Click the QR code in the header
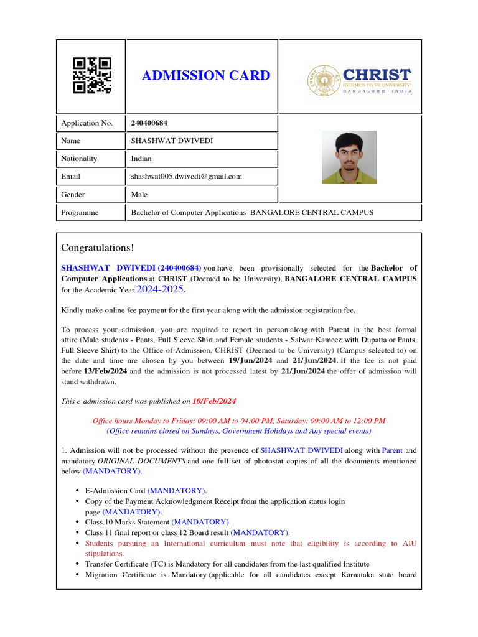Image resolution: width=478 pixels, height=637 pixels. (x=92, y=75)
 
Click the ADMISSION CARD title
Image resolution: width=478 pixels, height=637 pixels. (x=206, y=76)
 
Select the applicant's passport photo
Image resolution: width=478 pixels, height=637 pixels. (x=349, y=157)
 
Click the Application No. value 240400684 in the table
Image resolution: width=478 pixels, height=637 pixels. (x=149, y=123)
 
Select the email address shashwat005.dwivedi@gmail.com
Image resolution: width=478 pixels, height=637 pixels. (x=186, y=177)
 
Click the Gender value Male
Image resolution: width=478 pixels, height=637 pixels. (x=139, y=195)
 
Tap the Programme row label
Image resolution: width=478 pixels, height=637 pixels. (x=80, y=213)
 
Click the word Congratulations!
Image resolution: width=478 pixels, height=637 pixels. (x=98, y=248)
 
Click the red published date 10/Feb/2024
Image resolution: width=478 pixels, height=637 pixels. (x=214, y=402)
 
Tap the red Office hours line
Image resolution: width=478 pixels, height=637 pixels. (x=238, y=421)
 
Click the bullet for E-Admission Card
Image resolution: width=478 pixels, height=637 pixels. (x=77, y=491)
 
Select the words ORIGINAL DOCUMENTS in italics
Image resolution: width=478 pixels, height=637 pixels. (x=141, y=461)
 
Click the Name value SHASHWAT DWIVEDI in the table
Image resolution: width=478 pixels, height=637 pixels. (x=172, y=141)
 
